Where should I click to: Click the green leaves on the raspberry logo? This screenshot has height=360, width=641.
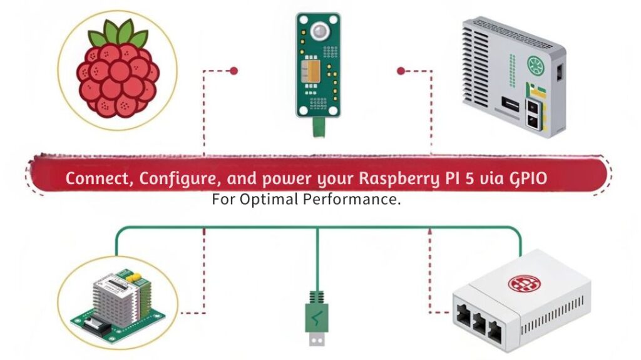(x=118, y=34)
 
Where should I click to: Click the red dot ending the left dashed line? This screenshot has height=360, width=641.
(x=233, y=71)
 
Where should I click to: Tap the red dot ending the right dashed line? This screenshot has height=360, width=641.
(x=401, y=71)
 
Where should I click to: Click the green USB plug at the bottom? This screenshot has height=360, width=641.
(x=316, y=319)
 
